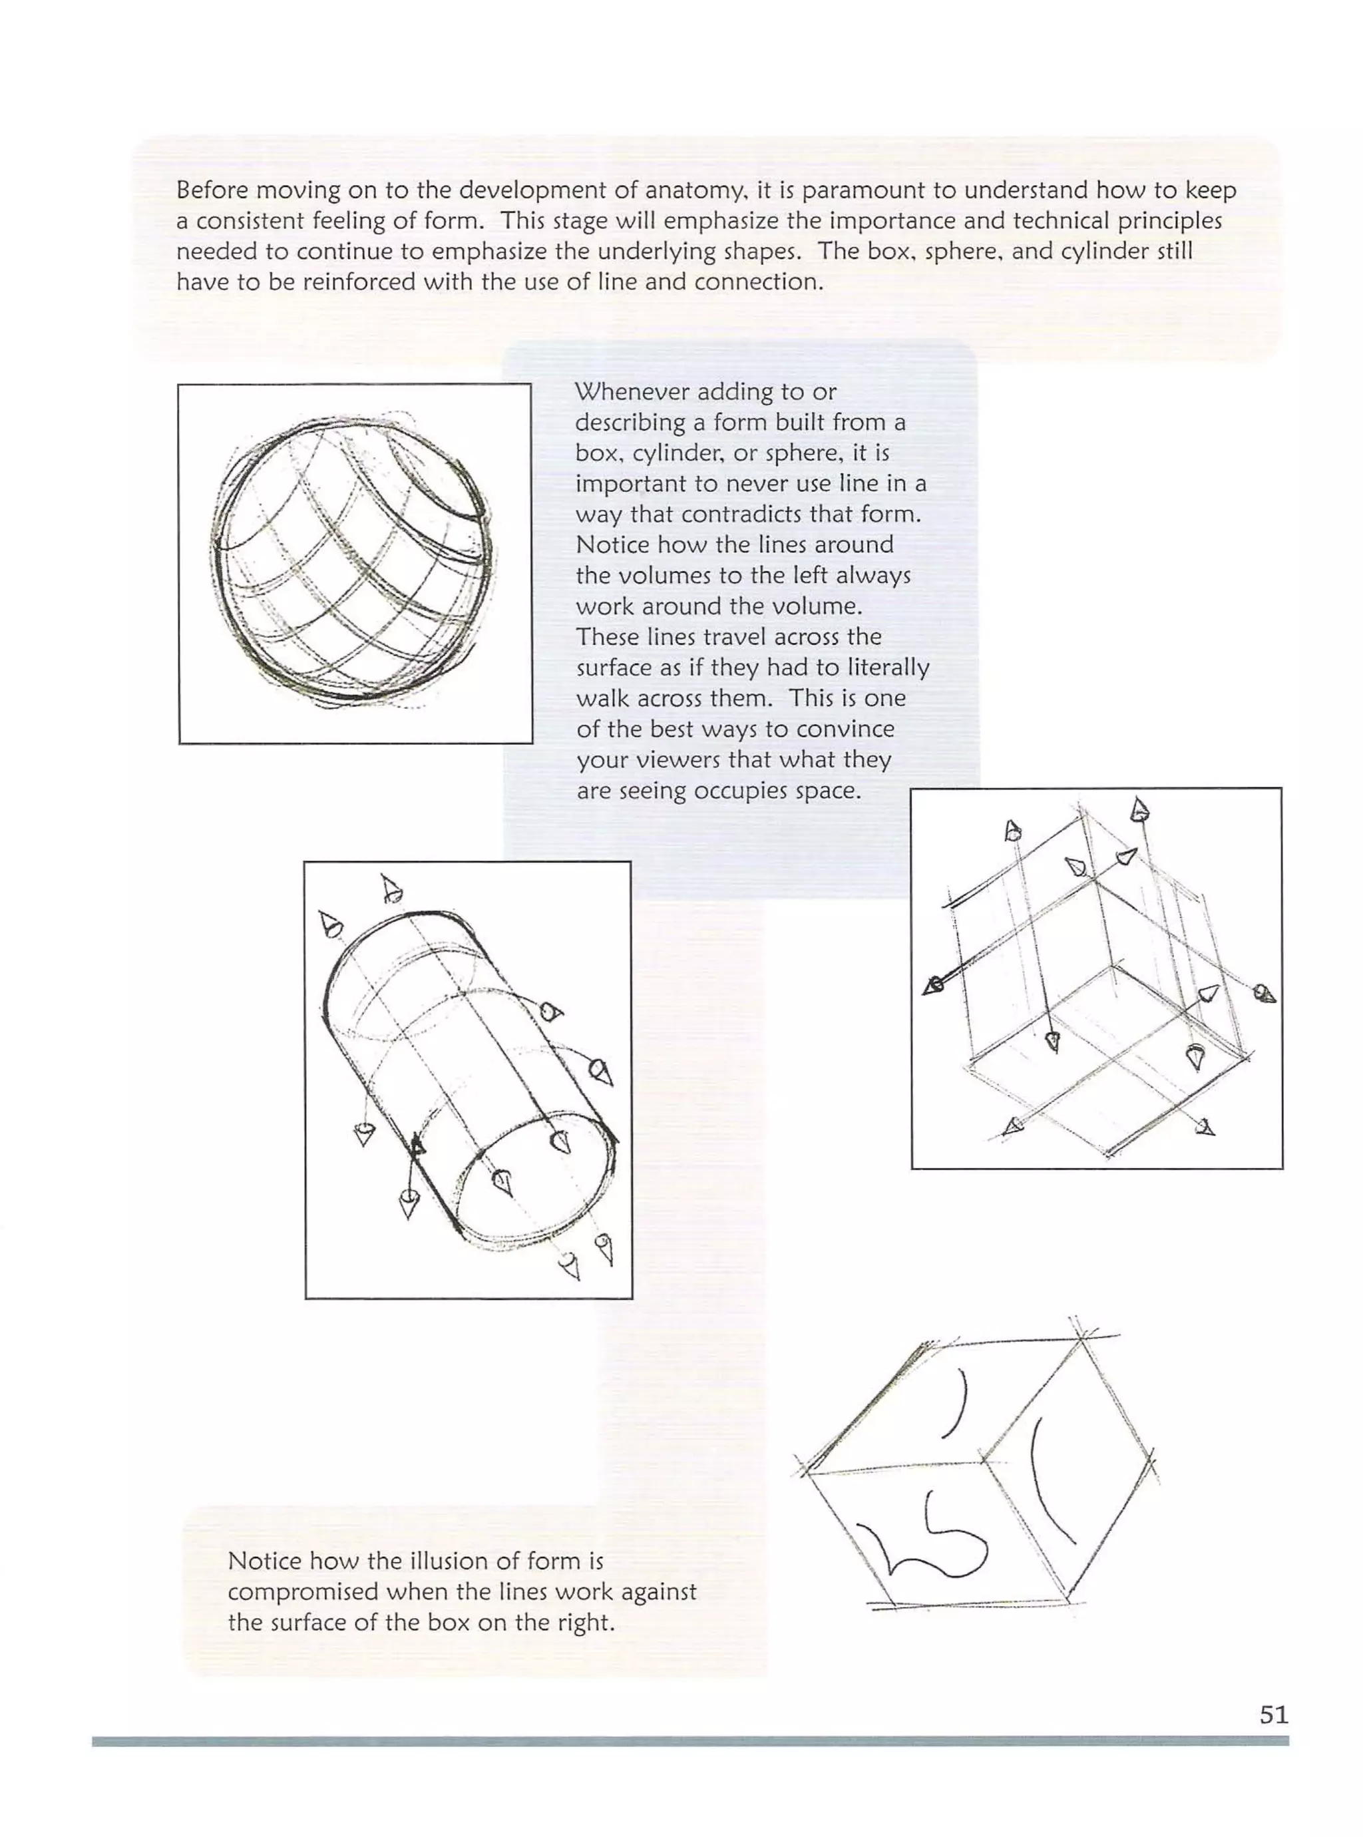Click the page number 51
point(1273,1715)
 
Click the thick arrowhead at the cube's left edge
point(934,985)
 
